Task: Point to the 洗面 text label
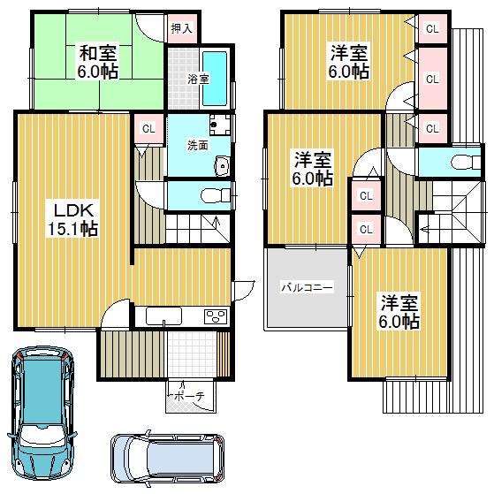click(197, 145)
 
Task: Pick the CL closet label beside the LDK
click(148, 129)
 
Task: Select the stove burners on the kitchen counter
click(215, 316)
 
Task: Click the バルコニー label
click(307, 287)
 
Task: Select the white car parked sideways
click(168, 458)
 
